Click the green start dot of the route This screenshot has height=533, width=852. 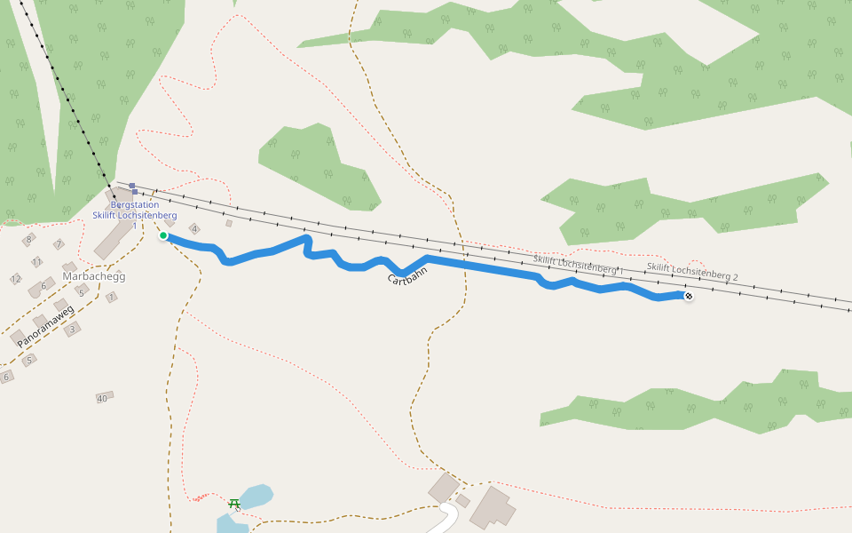tap(163, 235)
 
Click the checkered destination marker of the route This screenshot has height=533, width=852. tap(689, 295)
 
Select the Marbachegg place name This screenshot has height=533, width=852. tap(94, 276)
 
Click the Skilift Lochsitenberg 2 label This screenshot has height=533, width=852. tap(691, 272)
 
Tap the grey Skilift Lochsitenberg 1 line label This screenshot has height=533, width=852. tap(578, 264)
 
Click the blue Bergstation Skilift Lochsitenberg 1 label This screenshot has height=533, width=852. tap(134, 215)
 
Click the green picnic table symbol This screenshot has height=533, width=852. tap(234, 503)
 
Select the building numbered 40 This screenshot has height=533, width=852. tap(104, 398)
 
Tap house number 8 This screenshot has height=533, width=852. tap(28, 239)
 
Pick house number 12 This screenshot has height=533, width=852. tap(16, 279)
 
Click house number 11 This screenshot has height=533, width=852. tap(36, 262)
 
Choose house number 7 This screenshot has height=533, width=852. tap(59, 244)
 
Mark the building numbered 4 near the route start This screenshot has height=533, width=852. tap(194, 229)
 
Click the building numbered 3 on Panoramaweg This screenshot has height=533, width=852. tap(73, 328)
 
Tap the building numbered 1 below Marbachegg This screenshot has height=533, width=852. tap(112, 298)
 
